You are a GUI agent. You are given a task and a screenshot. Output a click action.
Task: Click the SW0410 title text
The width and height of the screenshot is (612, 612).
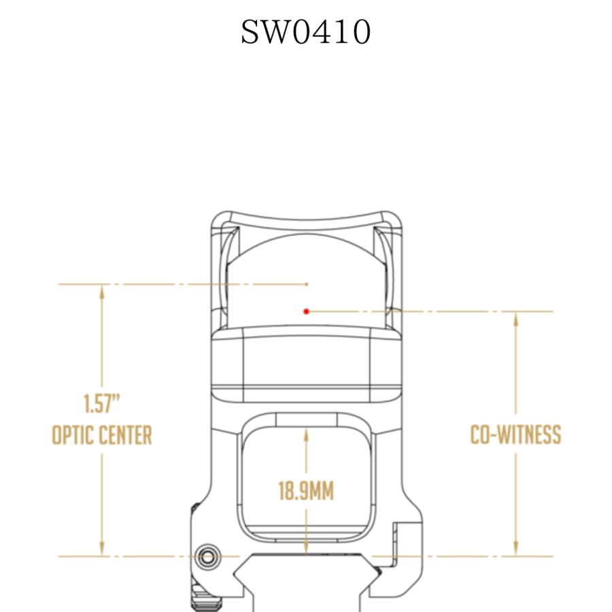pos(305,32)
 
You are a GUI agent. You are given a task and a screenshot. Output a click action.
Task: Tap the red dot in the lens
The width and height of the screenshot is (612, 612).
pos(307,311)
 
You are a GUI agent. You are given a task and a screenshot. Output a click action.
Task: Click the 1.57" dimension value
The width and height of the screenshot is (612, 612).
pos(102,403)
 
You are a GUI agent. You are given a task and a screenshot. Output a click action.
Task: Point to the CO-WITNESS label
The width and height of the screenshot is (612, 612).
pos(515,435)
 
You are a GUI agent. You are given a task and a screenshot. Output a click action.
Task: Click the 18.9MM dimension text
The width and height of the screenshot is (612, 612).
pos(306,491)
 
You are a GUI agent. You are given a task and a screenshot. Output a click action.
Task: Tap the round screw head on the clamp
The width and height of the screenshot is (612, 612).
pos(208,556)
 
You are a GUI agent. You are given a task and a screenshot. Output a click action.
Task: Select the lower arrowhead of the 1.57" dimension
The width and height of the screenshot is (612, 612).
pos(102,548)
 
